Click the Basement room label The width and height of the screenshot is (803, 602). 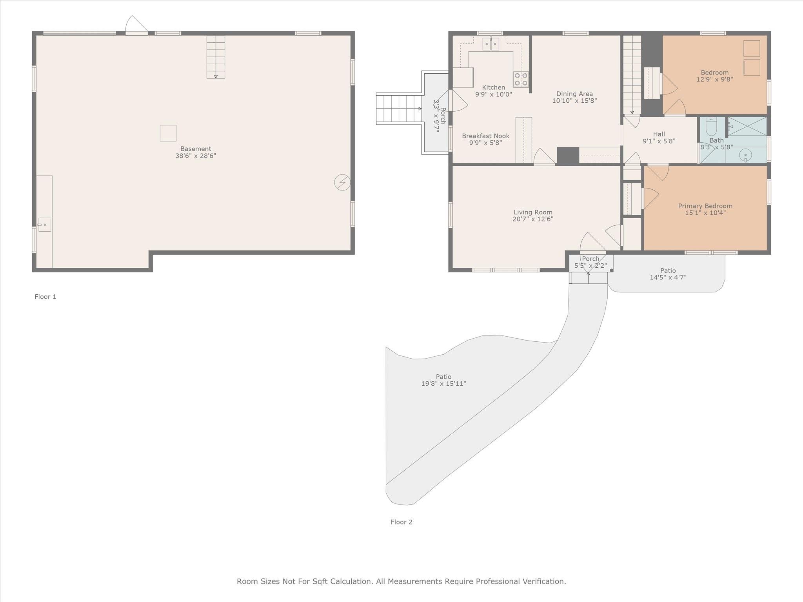[196, 149]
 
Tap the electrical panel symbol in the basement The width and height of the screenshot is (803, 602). [342, 183]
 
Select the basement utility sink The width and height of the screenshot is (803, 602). [45, 225]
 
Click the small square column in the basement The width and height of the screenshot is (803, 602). [168, 133]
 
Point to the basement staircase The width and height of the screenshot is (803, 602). [216, 57]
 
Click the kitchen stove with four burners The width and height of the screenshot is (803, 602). [521, 79]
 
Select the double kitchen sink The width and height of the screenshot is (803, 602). [491, 44]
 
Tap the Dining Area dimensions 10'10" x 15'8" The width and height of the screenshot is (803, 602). [574, 101]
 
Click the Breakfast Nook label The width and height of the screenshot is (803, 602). [485, 136]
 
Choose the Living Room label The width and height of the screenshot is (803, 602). [533, 212]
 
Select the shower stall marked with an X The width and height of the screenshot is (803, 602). [747, 126]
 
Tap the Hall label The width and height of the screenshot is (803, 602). [659, 134]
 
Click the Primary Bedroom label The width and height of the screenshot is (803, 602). [705, 206]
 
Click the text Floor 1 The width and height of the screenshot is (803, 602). [45, 297]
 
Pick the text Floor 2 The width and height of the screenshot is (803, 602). [401, 522]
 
